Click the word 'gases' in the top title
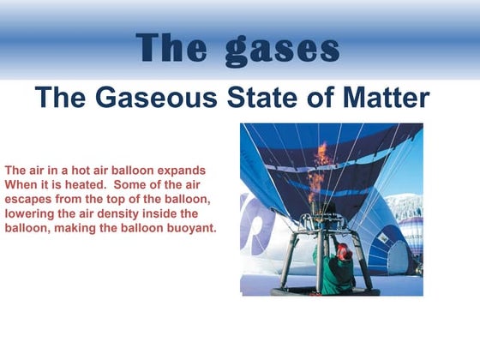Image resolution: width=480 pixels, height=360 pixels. click(x=282, y=49)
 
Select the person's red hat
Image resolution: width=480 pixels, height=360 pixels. click(x=342, y=250)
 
